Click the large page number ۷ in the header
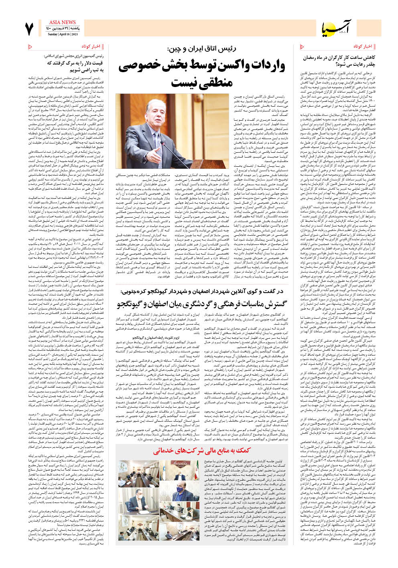click(29, 28)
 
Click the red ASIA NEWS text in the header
click(62, 22)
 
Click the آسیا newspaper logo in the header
click(339, 28)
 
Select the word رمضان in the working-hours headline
click(313, 58)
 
